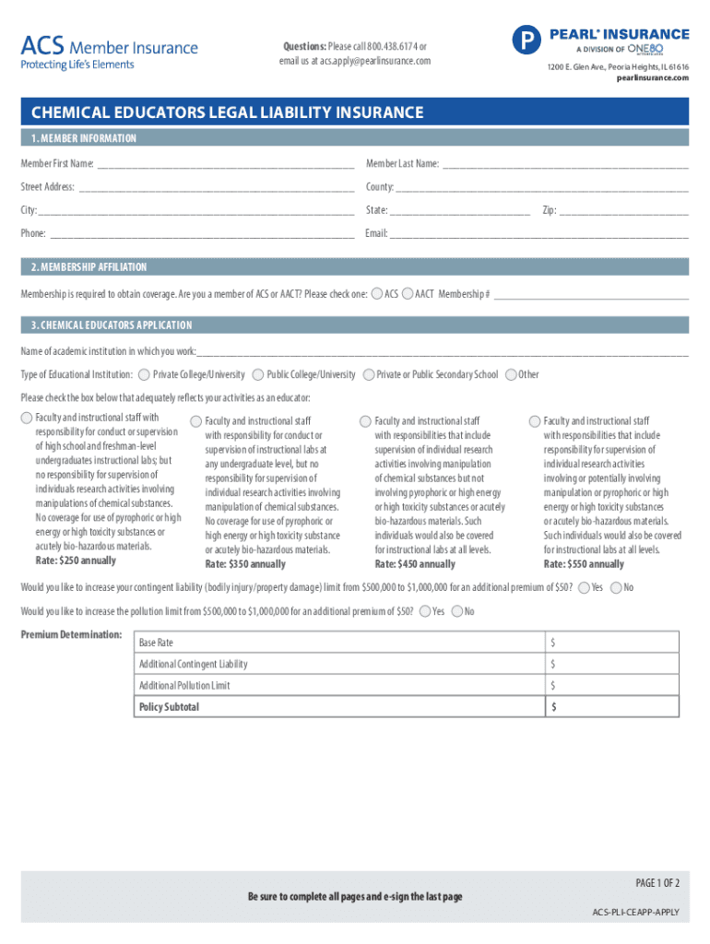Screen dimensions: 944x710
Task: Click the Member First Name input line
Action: click(x=225, y=165)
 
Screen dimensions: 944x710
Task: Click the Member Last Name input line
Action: click(x=564, y=165)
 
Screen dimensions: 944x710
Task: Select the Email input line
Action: click(x=538, y=234)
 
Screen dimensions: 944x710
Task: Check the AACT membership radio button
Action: click(x=408, y=294)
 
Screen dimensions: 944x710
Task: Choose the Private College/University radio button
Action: click(x=144, y=375)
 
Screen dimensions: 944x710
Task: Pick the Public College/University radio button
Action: click(x=257, y=375)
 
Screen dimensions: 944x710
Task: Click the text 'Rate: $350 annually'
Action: click(x=245, y=564)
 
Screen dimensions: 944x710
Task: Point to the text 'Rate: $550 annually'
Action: click(x=584, y=564)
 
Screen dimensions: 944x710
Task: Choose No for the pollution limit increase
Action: click(x=456, y=611)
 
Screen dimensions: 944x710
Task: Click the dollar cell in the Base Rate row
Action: click(x=611, y=643)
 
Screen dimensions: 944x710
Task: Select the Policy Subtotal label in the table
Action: click(x=169, y=707)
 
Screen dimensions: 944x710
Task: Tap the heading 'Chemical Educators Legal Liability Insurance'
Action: click(x=228, y=112)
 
